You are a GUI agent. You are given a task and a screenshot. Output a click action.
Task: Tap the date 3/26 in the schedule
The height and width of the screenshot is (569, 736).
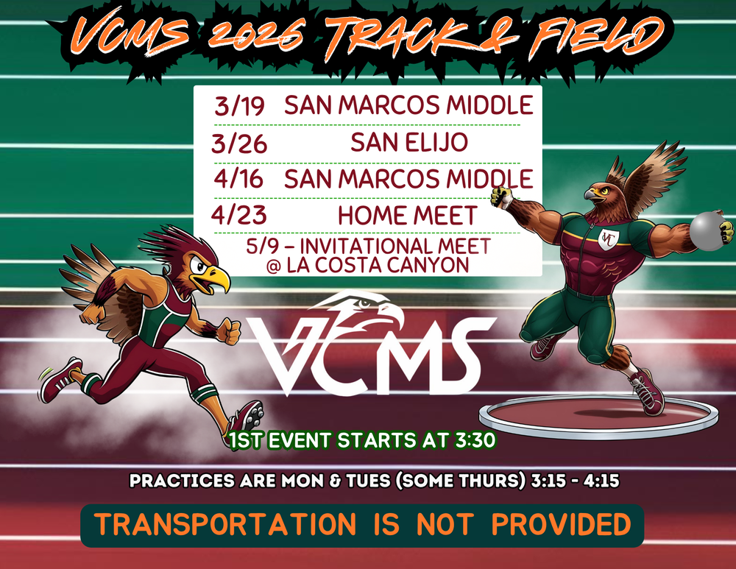pos(238,143)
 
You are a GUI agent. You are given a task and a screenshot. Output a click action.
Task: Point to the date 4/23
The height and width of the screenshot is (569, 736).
pos(238,216)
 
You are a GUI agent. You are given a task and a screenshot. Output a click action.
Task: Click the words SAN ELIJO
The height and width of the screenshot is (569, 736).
pos(408,142)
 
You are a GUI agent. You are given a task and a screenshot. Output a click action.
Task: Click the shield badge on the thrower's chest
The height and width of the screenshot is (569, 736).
pos(607,239)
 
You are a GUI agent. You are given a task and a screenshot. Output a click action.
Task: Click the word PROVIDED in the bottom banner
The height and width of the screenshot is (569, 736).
pos(561,525)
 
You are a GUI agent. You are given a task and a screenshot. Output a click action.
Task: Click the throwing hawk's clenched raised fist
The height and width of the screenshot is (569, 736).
pos(503,196)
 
